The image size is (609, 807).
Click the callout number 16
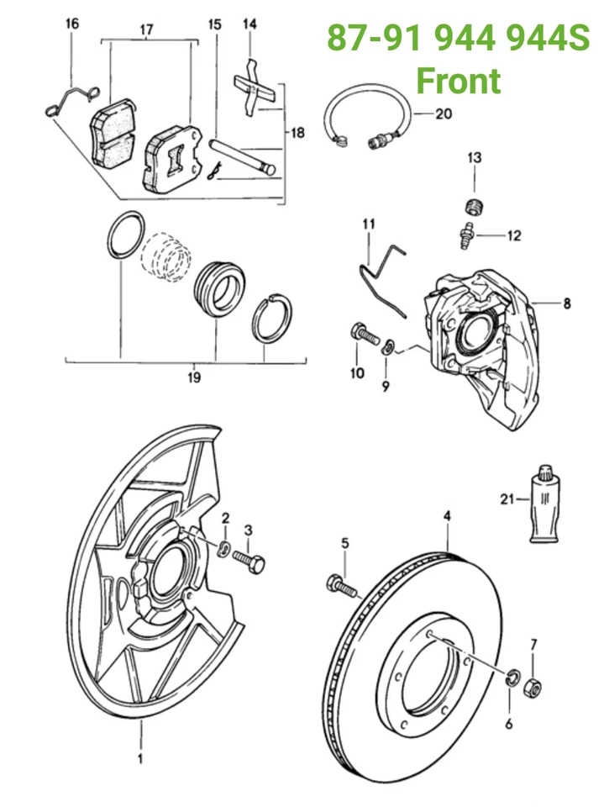pos(72,24)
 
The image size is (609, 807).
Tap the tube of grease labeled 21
pos(544,503)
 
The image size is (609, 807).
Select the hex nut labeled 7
pos(533,688)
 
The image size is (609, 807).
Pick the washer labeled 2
pos(223,549)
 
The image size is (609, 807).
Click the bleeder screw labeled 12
pos(466,235)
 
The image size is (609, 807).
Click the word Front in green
pos(459,80)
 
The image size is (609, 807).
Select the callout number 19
pos(194,377)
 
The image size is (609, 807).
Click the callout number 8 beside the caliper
pos(566,303)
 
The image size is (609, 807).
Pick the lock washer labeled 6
pos(512,678)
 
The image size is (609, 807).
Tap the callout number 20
pos(443,113)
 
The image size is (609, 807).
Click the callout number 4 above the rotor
pos(448,515)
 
